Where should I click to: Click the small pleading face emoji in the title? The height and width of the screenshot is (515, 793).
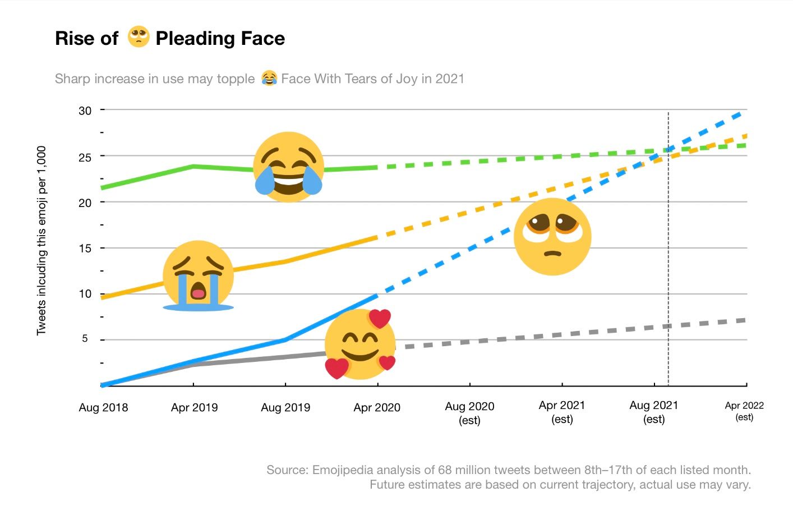(x=139, y=37)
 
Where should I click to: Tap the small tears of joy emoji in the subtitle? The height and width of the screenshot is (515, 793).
(x=269, y=78)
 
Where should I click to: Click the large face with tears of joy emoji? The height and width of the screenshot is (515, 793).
(x=289, y=167)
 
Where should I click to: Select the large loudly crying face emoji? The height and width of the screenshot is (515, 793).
(x=198, y=275)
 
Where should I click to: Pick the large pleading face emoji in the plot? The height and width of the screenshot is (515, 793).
(x=552, y=237)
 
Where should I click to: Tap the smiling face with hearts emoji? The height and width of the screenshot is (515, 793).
(x=360, y=344)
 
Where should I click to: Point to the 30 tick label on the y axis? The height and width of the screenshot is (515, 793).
(x=85, y=111)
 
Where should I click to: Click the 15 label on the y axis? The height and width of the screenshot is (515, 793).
(x=85, y=248)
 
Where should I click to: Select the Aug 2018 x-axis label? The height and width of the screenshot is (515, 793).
(x=103, y=408)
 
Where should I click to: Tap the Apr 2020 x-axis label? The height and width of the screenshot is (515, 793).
(x=377, y=408)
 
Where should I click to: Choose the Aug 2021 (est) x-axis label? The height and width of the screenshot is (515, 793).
(x=654, y=412)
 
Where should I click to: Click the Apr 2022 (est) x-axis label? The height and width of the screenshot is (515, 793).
(x=744, y=411)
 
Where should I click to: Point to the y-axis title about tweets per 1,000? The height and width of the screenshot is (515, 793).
(x=42, y=241)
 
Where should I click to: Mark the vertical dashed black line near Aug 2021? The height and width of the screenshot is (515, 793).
(x=668, y=252)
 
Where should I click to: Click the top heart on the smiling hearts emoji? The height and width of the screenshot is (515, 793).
(x=380, y=319)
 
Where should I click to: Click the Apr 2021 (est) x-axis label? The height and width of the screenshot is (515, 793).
(x=562, y=412)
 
